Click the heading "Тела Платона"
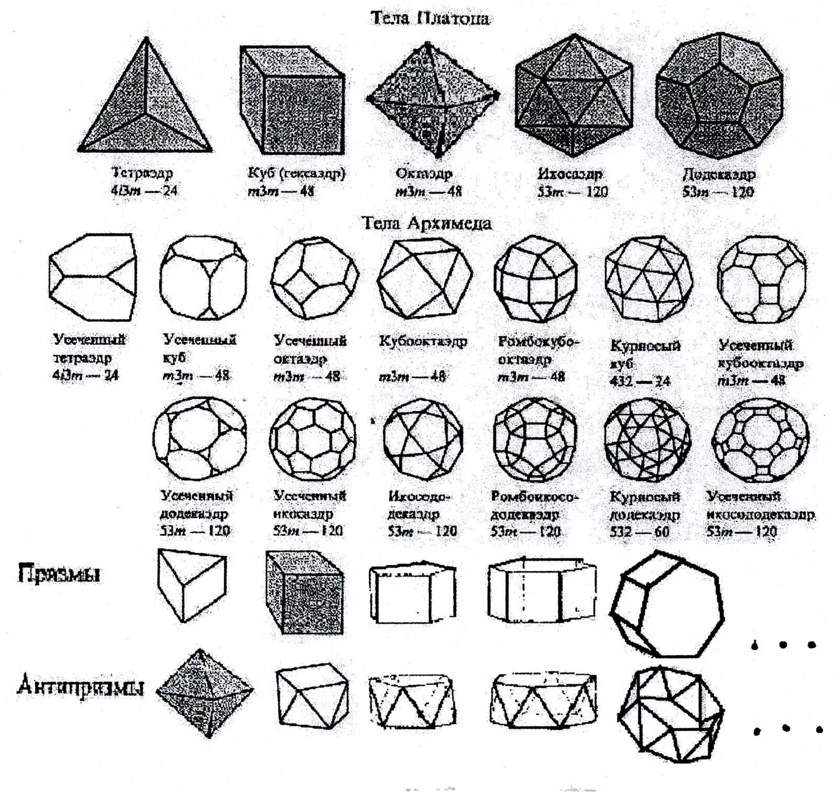(430, 18)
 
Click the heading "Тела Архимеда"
(427, 223)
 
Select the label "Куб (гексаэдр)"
(296, 173)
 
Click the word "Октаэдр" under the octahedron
(424, 173)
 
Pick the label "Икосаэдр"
(570, 173)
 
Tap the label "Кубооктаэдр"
(422, 342)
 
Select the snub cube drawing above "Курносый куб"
(648, 278)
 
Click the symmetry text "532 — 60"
(639, 531)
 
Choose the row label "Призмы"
(59, 573)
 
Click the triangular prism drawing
(191, 584)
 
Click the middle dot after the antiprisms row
(786, 728)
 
